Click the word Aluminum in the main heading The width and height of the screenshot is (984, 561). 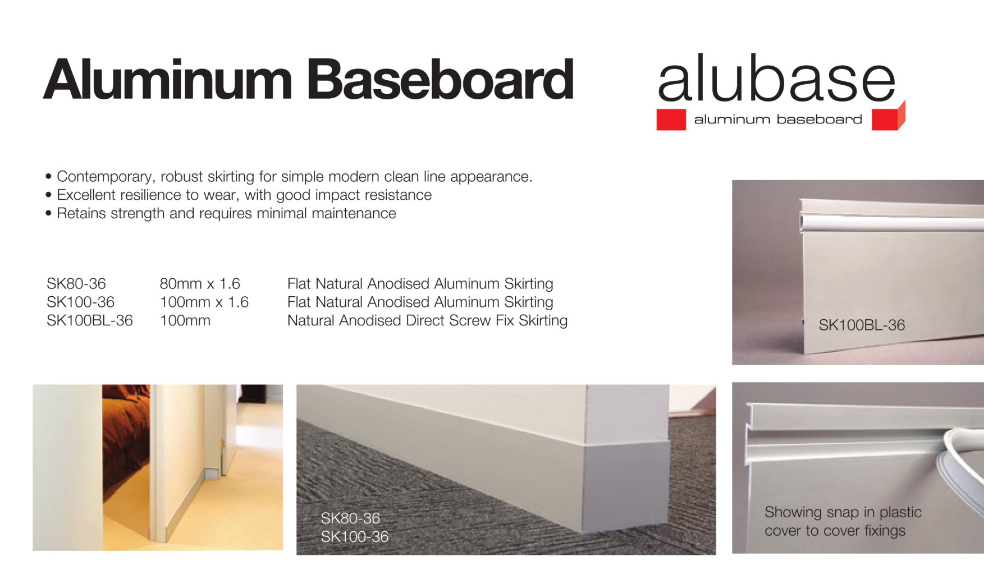click(167, 79)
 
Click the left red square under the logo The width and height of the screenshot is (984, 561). click(671, 119)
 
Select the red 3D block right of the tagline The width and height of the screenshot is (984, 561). click(888, 117)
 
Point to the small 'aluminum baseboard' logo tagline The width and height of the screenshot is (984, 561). click(778, 119)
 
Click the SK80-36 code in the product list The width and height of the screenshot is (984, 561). click(76, 283)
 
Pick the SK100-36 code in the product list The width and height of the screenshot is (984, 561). click(80, 302)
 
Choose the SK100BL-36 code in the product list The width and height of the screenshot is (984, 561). click(90, 320)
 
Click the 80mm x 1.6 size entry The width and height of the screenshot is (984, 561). click(200, 283)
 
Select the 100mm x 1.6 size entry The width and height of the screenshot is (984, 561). click(204, 302)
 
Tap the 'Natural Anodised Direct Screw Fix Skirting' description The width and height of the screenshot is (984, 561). click(427, 320)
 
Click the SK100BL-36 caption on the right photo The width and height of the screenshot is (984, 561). click(862, 325)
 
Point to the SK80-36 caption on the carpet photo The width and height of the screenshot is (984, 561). click(350, 518)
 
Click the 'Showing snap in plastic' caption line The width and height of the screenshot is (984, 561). click(843, 512)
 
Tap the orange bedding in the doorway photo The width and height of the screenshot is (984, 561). click(126, 443)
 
